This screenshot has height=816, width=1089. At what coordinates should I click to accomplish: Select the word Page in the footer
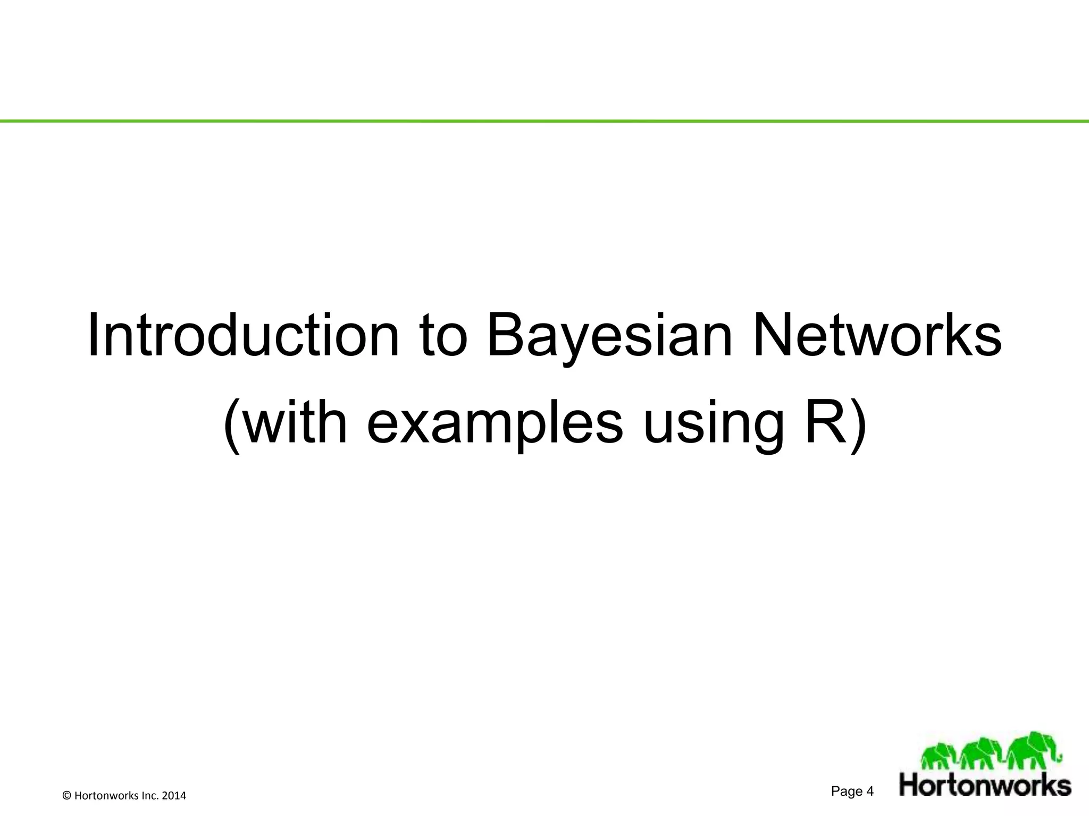(x=847, y=792)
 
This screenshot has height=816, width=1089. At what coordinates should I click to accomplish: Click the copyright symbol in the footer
(x=66, y=796)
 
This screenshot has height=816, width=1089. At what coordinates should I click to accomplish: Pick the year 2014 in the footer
(x=173, y=796)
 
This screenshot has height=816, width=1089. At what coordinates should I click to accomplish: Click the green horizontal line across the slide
(x=544, y=122)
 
